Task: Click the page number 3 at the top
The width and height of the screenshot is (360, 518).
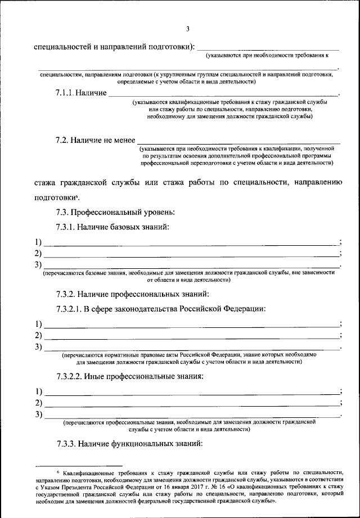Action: (188, 29)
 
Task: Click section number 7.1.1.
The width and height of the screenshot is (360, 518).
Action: (65, 93)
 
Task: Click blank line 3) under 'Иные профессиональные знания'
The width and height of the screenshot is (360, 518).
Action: (191, 417)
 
